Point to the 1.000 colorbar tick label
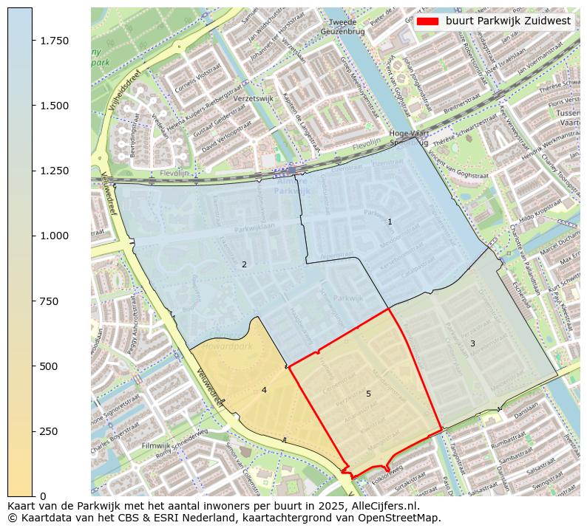(54, 236)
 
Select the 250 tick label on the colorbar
(49, 431)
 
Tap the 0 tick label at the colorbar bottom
(43, 496)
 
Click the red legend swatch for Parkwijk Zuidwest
(428, 21)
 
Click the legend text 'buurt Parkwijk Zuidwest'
(508, 21)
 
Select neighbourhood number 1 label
(390, 222)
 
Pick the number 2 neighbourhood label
(244, 264)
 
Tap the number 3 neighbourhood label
(472, 343)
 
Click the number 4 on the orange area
(263, 390)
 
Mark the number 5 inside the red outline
(368, 394)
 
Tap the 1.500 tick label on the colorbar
(54, 106)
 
